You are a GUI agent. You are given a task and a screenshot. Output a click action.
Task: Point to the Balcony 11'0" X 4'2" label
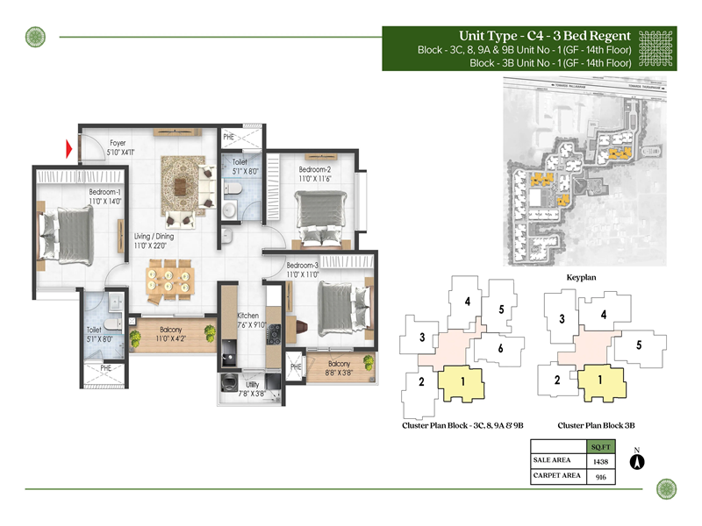coord(170,334)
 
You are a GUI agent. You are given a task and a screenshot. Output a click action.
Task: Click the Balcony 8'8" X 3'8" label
coord(339,369)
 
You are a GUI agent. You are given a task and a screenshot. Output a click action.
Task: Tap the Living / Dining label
coord(154,241)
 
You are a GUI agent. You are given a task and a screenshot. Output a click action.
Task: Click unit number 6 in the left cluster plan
coord(499,349)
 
